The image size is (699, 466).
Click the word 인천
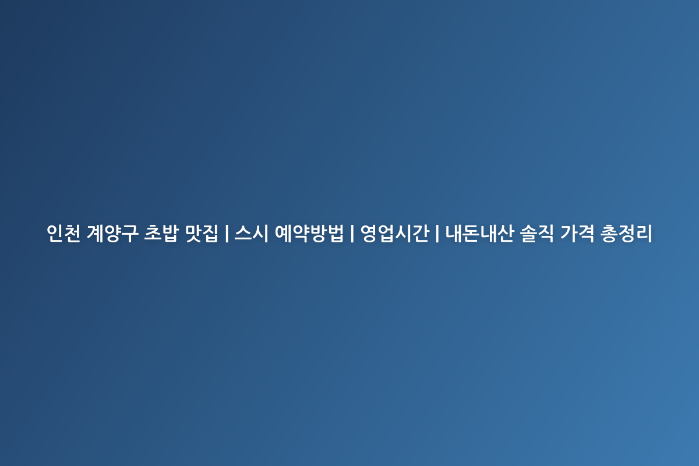[63, 233]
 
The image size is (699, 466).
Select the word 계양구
[112, 233]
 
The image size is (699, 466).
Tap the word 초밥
[161, 233]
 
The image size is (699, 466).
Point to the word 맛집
[202, 233]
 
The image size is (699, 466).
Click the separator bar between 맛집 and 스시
[227, 233]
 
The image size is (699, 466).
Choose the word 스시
[252, 233]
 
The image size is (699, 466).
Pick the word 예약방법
[309, 233]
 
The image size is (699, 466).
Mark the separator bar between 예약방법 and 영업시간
[352, 233]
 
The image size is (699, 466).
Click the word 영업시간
[395, 233]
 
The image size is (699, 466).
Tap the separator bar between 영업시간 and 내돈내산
[437, 233]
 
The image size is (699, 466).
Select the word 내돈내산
[479, 233]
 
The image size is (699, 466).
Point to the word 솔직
[537, 233]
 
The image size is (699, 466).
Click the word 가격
[577, 233]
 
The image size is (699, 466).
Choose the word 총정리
[626, 233]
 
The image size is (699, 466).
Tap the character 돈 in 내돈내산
[471, 233]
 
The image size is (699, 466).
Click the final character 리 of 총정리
[644, 233]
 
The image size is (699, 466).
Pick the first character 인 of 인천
[55, 233]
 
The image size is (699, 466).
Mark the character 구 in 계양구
[130, 233]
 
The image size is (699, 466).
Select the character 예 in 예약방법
[283, 233]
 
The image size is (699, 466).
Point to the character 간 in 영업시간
[421, 233]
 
